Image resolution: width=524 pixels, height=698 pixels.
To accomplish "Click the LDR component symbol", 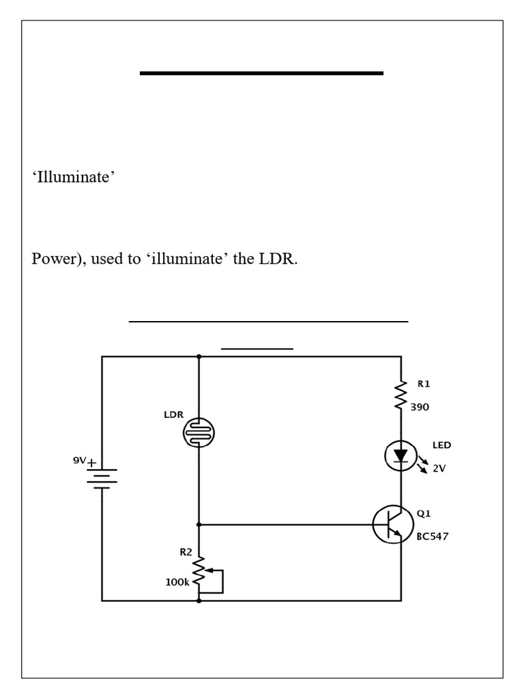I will [199, 431].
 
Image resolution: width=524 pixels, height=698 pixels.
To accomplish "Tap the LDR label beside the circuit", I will [173, 414].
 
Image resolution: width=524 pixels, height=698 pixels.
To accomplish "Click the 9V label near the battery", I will [80, 460].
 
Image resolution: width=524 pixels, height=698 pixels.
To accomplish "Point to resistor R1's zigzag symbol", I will [401, 396].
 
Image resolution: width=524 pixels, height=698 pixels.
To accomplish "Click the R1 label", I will [424, 384].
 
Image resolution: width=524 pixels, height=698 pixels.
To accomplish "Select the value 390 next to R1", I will [420, 407].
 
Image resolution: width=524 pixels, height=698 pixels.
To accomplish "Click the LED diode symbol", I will [401, 456].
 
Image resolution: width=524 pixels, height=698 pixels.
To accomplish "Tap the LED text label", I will [441, 445].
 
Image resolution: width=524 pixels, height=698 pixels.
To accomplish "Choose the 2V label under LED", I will [439, 468].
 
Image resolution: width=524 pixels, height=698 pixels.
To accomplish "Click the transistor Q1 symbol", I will [394, 525].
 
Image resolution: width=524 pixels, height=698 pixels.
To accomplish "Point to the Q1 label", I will [424, 513].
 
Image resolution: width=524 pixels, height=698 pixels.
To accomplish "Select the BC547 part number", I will [433, 536].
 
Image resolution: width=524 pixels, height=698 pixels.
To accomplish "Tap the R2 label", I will [186, 553].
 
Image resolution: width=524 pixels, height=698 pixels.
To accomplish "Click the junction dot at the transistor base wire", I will [199, 525].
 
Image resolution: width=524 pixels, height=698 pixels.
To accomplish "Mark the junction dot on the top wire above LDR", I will [199, 356].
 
